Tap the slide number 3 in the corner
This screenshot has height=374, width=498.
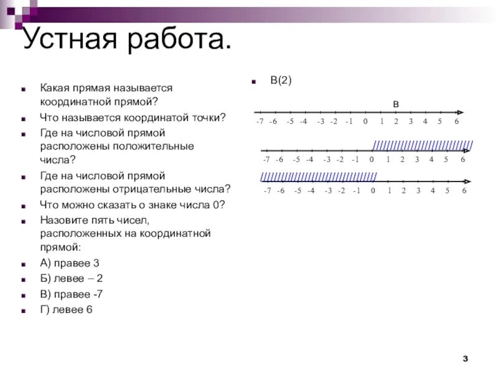465,357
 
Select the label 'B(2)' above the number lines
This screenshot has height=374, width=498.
281,80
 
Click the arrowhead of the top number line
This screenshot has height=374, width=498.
461,111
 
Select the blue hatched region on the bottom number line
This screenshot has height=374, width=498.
318,176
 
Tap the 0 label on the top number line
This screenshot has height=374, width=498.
365,122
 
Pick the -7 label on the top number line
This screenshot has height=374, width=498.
260,122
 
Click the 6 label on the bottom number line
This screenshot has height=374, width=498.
464,190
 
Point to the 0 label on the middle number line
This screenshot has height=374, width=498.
372,160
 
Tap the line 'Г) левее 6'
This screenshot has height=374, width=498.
67,310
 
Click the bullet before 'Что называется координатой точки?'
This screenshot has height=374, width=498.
24,118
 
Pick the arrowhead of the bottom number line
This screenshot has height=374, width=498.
467,181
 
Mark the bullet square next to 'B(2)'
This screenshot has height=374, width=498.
253,82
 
